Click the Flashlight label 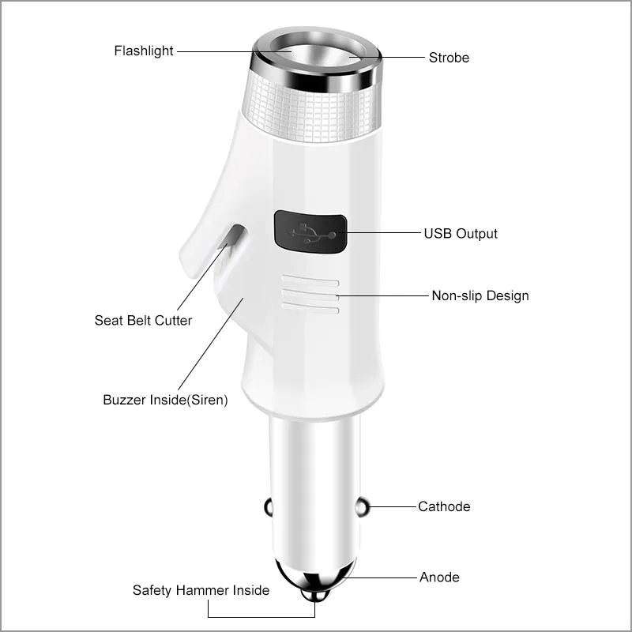(x=143, y=51)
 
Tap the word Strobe (x=449, y=58)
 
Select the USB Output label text (x=461, y=234)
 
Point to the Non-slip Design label (x=480, y=295)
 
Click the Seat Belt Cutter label (x=143, y=321)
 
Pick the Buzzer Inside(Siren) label (x=165, y=400)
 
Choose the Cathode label (x=444, y=506)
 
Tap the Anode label (x=439, y=577)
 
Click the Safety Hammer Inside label (x=201, y=590)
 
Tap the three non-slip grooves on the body (x=310, y=295)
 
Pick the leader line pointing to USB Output (x=383, y=234)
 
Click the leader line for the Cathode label (x=393, y=506)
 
